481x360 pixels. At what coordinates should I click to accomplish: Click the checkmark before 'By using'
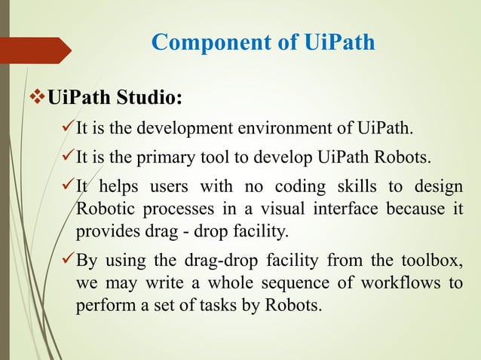[x=66, y=261]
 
